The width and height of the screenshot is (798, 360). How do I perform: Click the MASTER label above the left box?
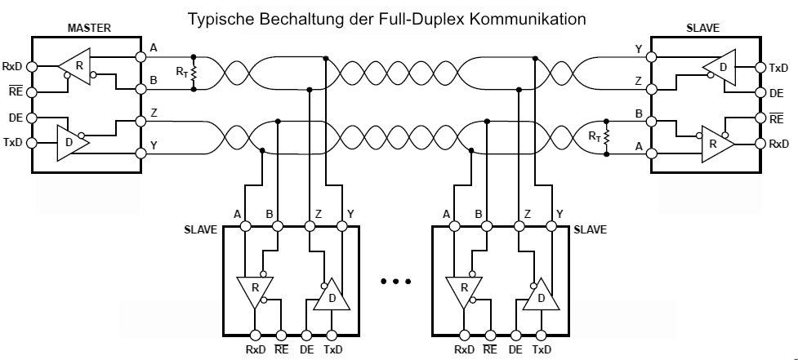click(87, 29)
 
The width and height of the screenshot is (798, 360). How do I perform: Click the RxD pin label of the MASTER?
click(13, 66)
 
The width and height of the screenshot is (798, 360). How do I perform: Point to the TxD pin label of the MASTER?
click(13, 144)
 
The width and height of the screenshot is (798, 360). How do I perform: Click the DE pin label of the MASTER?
click(15, 118)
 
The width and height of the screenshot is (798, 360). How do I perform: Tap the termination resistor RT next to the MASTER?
click(194, 73)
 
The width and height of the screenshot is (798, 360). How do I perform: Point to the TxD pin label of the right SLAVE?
click(780, 67)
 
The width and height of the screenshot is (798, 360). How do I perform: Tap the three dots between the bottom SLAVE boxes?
click(395, 282)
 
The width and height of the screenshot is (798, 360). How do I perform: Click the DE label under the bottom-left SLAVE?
click(307, 349)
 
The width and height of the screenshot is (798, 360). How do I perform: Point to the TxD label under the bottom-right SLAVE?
click(542, 349)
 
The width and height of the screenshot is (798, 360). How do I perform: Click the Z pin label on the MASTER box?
click(153, 113)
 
